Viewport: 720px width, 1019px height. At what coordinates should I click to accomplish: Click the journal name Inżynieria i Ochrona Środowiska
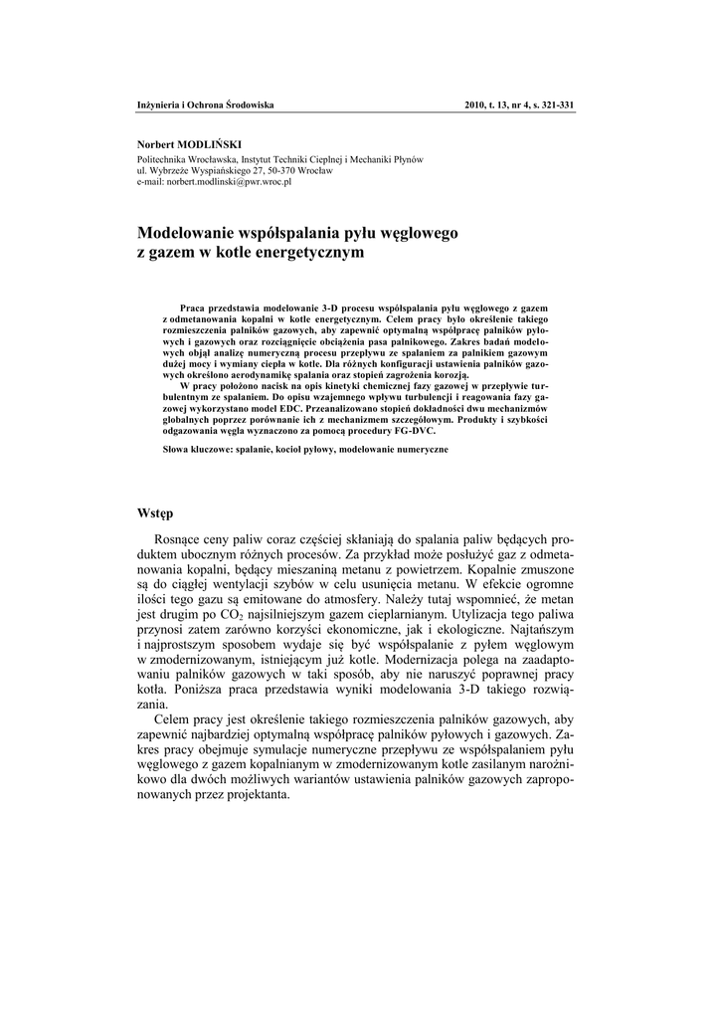(205, 104)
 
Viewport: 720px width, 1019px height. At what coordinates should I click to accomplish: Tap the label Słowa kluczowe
(197, 450)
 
